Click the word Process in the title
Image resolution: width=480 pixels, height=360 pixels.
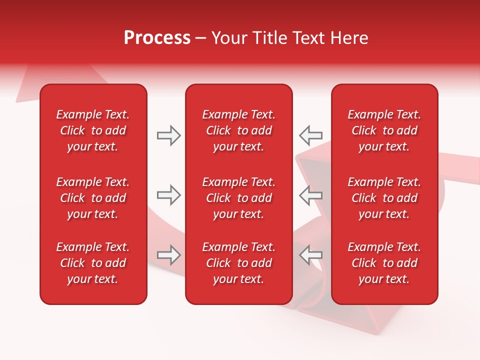(x=157, y=38)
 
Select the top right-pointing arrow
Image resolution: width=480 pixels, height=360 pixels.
(x=168, y=135)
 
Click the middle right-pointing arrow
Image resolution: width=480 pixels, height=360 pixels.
(x=168, y=195)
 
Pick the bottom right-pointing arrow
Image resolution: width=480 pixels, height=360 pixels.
(x=168, y=255)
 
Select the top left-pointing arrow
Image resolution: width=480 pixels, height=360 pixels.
(x=310, y=135)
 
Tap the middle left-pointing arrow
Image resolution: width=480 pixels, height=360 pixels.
(x=310, y=195)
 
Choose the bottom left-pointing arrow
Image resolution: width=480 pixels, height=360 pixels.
(x=310, y=255)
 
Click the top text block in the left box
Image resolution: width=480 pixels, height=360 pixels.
(x=93, y=130)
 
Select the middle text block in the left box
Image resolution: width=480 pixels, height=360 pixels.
(x=93, y=198)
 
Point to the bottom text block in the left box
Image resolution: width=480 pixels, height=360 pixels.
(x=93, y=263)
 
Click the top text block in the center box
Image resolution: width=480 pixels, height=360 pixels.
(x=238, y=130)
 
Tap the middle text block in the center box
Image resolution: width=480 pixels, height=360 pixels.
(x=238, y=198)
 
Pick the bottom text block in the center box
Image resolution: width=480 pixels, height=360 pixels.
(x=238, y=263)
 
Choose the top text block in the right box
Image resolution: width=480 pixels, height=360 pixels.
(x=384, y=130)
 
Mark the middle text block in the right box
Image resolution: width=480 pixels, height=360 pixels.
(x=384, y=198)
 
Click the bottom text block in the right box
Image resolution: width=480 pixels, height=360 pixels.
(x=384, y=263)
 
